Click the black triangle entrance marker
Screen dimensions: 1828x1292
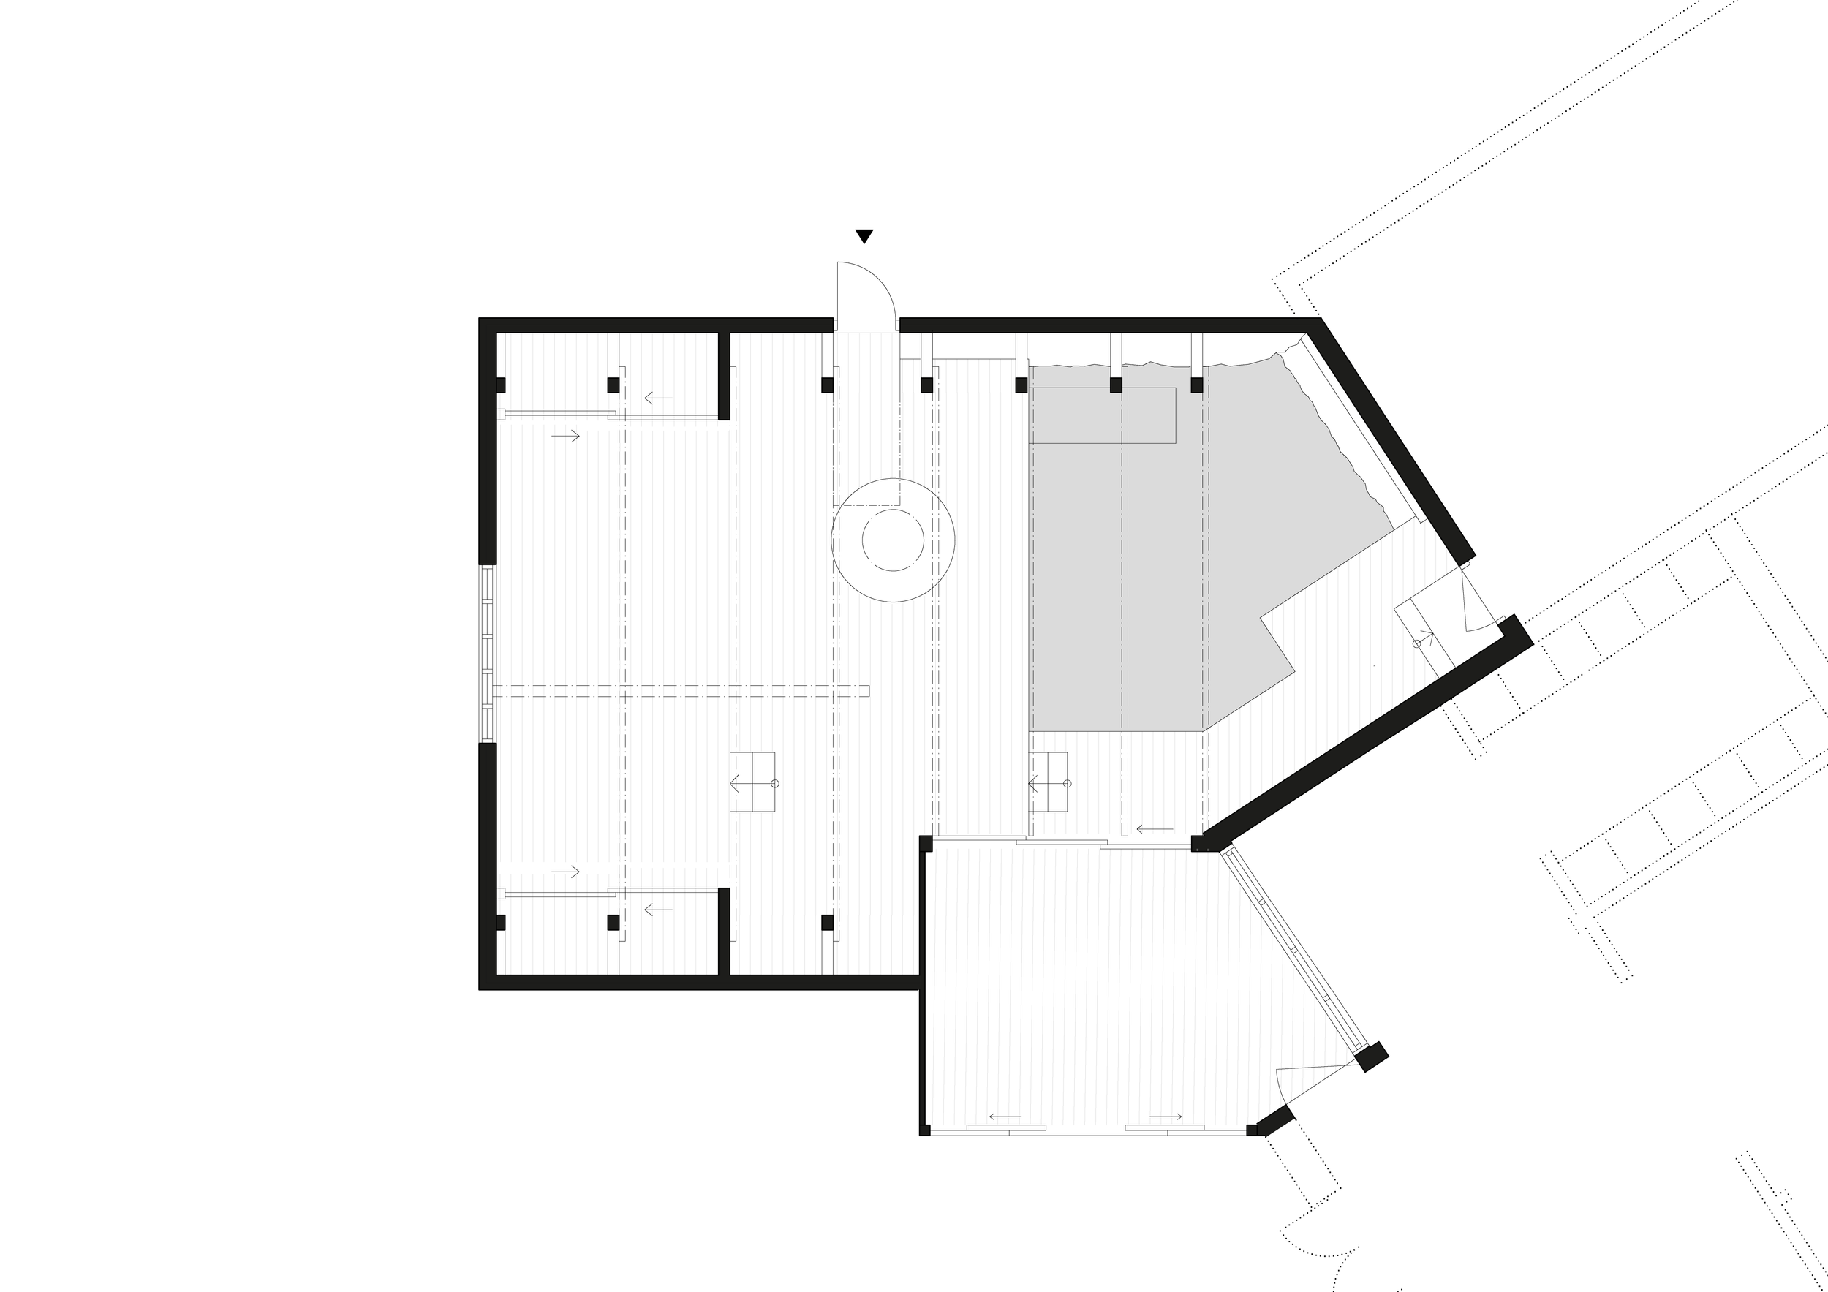864,235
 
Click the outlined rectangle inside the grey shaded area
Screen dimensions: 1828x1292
1102,415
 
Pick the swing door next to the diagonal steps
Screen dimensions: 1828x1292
1471,601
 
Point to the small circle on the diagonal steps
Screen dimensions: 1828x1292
1416,643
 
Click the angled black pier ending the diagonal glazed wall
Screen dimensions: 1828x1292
1372,1057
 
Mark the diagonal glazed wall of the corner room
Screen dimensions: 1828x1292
1293,949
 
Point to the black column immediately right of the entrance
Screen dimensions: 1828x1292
926,385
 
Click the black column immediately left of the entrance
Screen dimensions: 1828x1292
827,385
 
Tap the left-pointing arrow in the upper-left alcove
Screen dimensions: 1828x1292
657,397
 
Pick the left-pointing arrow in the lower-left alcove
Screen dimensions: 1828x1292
657,909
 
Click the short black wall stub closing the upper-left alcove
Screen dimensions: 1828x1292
724,376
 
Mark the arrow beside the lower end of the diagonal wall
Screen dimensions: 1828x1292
1154,829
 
